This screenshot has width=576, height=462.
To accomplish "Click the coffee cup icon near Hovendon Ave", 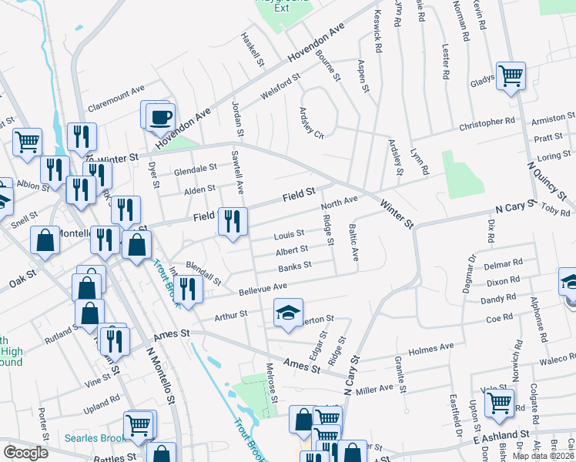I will tap(161, 118).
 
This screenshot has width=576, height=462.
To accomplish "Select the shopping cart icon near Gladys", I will tap(511, 75).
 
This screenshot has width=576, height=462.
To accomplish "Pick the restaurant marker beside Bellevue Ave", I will tap(187, 289).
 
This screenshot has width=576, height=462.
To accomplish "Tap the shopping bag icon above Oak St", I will tap(45, 239).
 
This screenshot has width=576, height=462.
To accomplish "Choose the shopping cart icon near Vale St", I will tap(499, 401).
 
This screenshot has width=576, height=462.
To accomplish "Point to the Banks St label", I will tap(294, 266).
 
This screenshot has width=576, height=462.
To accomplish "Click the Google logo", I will tap(26, 453).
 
